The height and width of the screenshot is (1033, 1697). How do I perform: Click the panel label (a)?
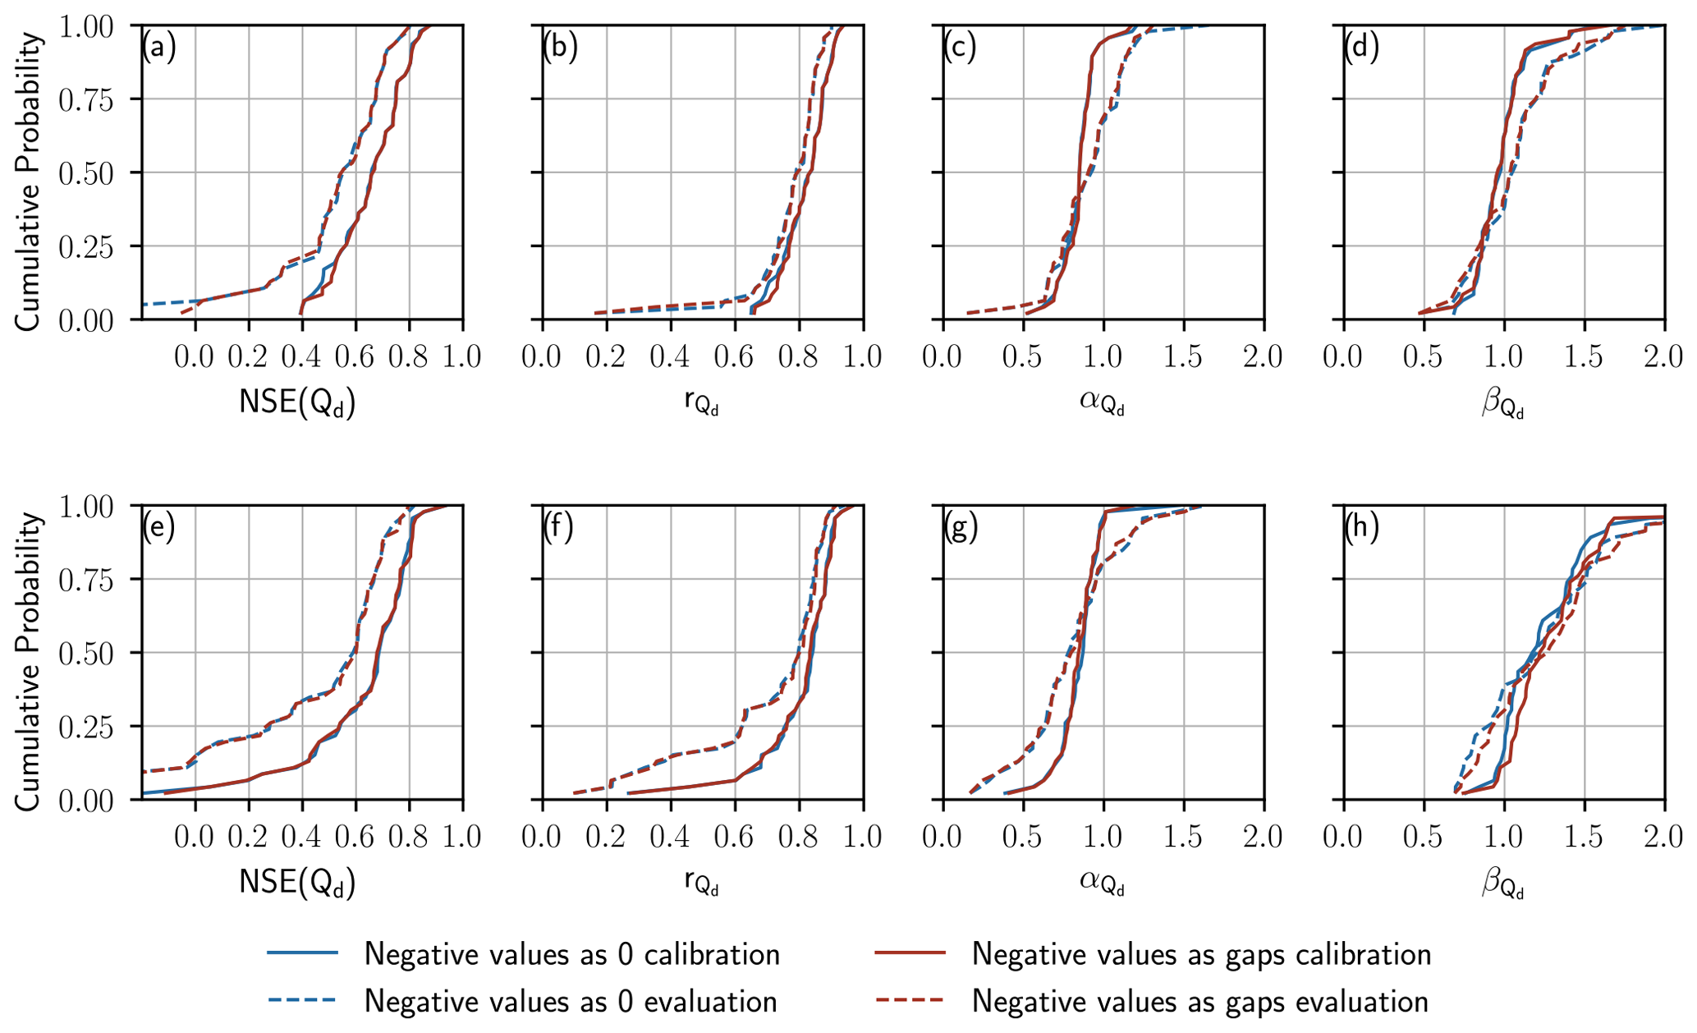[x=158, y=48]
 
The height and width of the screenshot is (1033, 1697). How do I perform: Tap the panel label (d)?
[x=1361, y=48]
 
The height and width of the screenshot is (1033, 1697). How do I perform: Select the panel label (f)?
[x=558, y=527]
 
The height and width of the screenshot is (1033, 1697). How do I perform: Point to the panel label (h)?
[x=1361, y=527]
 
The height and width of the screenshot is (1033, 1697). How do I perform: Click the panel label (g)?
[x=961, y=527]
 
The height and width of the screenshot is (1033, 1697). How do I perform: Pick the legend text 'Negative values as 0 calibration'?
[x=571, y=954]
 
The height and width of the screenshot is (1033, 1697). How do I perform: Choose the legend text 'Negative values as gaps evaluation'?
[x=1200, y=1002]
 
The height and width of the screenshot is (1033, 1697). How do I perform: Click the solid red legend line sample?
[x=910, y=953]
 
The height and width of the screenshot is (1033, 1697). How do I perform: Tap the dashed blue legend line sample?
[x=302, y=1001]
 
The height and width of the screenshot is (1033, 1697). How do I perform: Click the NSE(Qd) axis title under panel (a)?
[x=297, y=402]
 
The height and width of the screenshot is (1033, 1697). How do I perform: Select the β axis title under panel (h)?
[x=1503, y=884]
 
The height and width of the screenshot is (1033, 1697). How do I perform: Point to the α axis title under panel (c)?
[x=1102, y=402]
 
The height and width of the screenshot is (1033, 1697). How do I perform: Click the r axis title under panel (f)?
[x=701, y=884]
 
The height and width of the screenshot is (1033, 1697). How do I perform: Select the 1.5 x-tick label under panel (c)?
[x=1183, y=357]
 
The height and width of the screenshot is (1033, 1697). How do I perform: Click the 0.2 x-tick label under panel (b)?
[x=606, y=357]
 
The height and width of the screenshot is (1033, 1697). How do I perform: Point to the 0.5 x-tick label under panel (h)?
[x=1423, y=837]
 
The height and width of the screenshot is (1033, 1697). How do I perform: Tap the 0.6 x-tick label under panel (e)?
[x=355, y=837]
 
